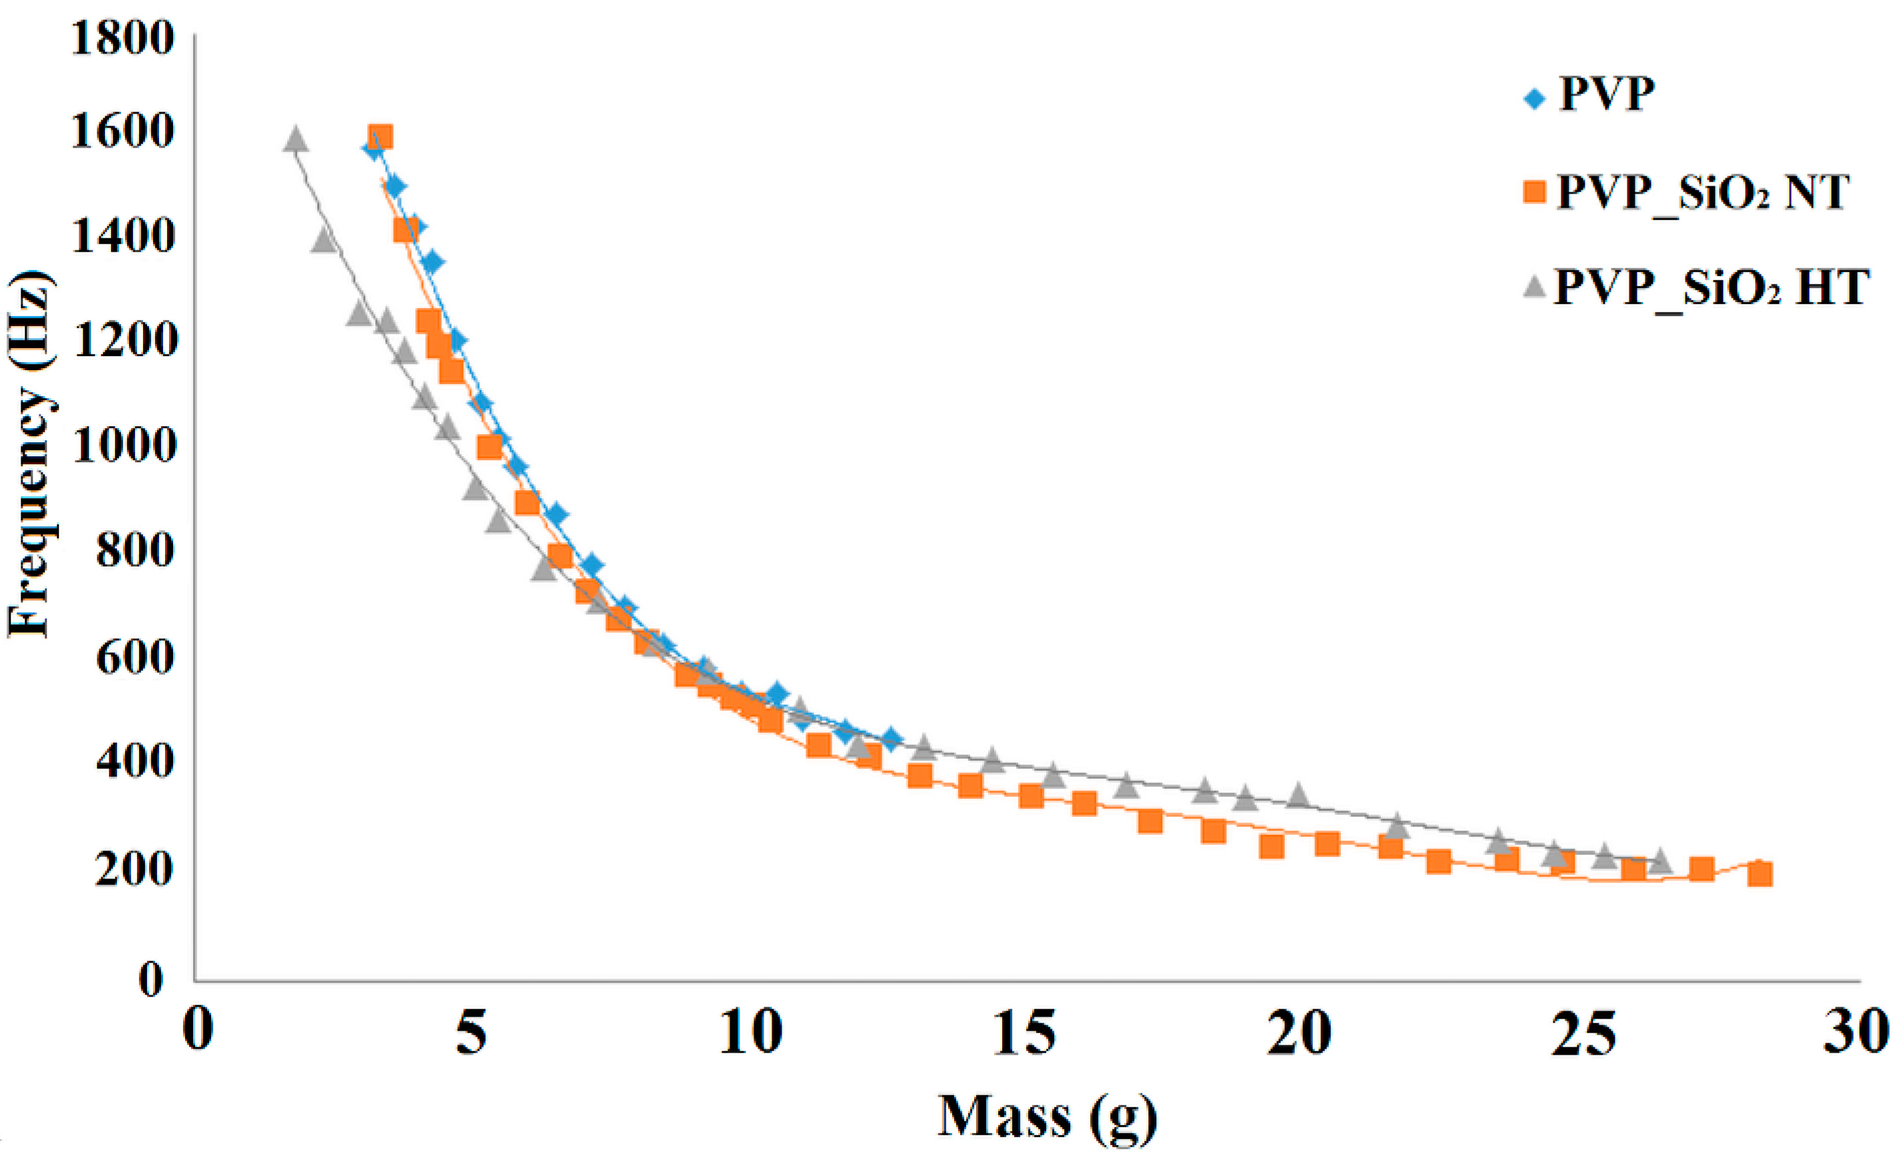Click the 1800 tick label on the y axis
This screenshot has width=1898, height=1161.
(x=122, y=39)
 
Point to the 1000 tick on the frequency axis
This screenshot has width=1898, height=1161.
(x=123, y=446)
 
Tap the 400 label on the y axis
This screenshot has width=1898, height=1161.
(x=133, y=761)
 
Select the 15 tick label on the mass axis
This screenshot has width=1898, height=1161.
(x=1023, y=1032)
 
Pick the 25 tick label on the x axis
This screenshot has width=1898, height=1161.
(x=1581, y=1032)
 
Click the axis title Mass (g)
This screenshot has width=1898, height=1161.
(x=1047, y=1116)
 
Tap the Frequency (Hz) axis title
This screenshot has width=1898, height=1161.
(x=31, y=454)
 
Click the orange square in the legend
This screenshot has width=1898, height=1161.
(x=1534, y=192)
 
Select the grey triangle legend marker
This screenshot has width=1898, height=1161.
(x=1535, y=287)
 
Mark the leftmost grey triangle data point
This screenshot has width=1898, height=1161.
(x=296, y=140)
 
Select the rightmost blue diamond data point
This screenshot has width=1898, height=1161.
(x=891, y=739)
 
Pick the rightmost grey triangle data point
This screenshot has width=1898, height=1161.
(x=1660, y=860)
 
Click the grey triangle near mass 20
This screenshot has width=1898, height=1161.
(x=1299, y=794)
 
